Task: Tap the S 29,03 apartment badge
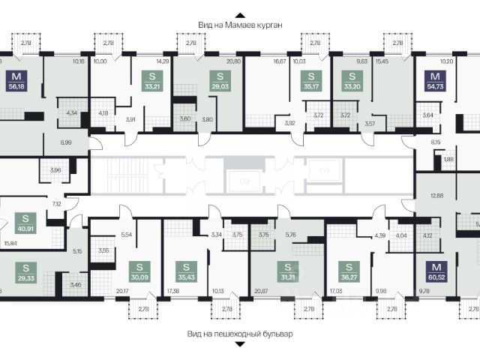(220, 80)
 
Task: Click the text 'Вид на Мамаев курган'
(240, 25)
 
